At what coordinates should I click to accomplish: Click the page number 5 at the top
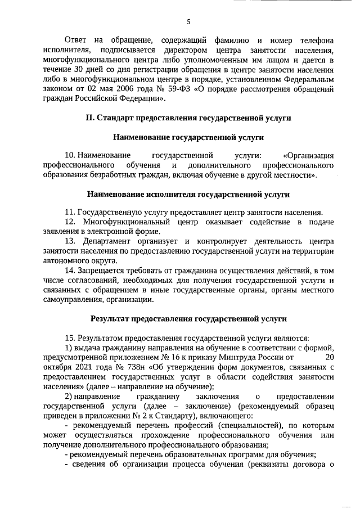coord(189,22)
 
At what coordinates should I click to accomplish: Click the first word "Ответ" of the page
coord(76,41)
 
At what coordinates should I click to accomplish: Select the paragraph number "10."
coord(70,156)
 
